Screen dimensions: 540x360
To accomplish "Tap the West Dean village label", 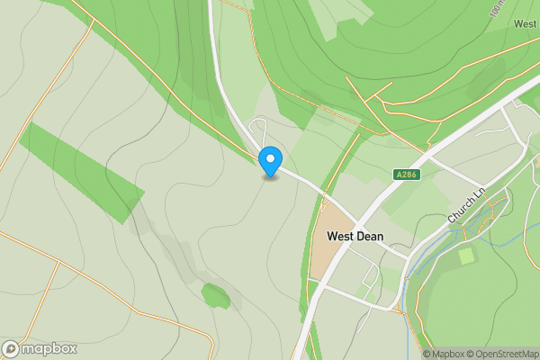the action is click(355, 237).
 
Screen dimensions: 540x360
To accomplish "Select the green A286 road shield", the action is click(407, 174).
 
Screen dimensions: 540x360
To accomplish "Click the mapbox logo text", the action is click(49, 349).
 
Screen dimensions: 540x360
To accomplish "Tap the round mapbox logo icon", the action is click(12, 349).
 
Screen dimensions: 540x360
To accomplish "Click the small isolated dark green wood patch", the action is click(216, 294).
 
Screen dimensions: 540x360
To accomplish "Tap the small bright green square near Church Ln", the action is click(466, 256).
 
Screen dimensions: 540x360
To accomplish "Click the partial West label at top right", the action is click(525, 23).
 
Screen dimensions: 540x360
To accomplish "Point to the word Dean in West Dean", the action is click(369, 237).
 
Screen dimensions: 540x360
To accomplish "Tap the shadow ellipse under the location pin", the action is click(269, 177).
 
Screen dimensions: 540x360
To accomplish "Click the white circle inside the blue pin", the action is click(269, 159).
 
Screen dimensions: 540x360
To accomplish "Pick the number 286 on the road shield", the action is click(409, 174).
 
